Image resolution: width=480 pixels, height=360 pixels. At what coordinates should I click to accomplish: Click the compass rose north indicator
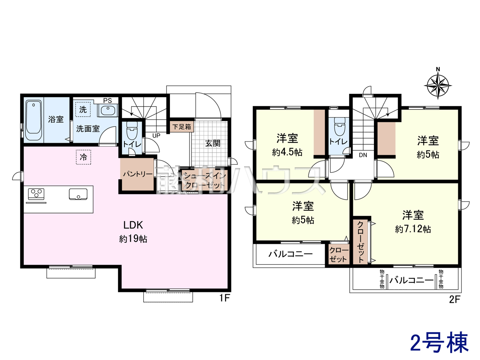(438, 85)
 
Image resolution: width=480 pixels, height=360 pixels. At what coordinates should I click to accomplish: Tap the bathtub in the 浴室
(33, 120)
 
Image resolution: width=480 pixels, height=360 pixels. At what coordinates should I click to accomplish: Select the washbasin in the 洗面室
(108, 110)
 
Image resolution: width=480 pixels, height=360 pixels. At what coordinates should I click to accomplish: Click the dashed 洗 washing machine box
(83, 109)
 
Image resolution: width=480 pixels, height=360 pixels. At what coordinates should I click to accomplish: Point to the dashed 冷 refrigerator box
(83, 157)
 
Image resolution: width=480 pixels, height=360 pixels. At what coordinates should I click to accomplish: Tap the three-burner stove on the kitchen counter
(36, 194)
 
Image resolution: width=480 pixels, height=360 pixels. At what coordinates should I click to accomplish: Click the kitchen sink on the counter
(78, 194)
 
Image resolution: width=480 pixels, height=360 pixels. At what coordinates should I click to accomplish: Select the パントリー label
(138, 174)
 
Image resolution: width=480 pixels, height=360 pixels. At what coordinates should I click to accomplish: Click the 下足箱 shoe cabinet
(182, 126)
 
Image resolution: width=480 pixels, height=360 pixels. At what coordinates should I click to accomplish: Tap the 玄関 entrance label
(213, 143)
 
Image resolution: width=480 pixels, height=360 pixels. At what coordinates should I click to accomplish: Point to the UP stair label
(156, 136)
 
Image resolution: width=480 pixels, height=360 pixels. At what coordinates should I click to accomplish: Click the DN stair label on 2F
(363, 155)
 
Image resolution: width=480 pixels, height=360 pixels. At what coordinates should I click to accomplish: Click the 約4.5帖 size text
(287, 152)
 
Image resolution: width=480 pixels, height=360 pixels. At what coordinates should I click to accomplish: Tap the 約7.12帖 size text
(413, 229)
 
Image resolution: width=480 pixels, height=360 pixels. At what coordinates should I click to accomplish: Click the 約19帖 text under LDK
(133, 239)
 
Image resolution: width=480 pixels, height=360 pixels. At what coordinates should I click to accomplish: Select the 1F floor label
(224, 298)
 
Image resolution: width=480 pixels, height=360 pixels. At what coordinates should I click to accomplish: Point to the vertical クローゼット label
(360, 241)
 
